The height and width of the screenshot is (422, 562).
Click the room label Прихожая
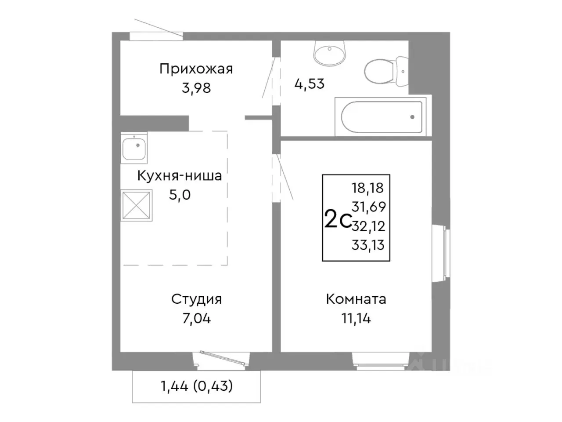point(196,69)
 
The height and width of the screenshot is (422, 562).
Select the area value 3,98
point(196,88)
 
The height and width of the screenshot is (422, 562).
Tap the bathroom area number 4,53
point(309,84)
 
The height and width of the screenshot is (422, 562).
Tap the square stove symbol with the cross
point(137,205)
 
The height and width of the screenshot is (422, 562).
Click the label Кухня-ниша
point(180,176)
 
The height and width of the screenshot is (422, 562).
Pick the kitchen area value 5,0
point(180,195)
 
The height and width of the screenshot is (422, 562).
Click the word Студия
point(196,299)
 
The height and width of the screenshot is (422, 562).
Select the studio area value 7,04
point(196,318)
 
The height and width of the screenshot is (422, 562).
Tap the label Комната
point(356,299)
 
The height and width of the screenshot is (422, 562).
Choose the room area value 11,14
point(356,318)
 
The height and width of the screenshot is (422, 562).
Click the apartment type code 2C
point(337,220)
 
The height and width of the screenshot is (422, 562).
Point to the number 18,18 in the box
point(367,188)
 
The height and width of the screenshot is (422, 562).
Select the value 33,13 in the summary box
point(367,245)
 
